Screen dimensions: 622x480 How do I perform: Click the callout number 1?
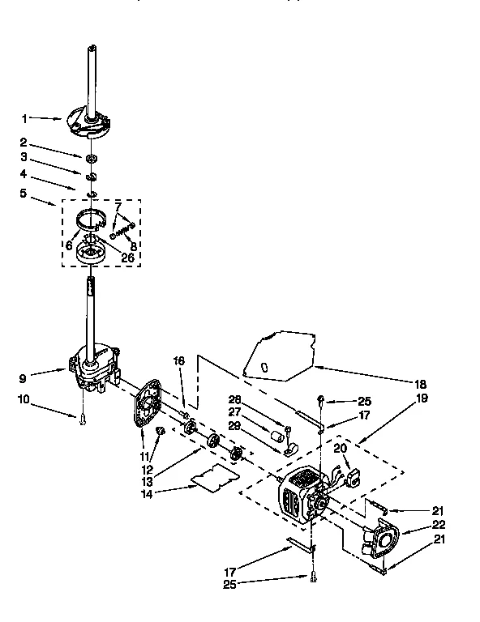pos(24,119)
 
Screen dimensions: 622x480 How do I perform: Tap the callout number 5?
pos(24,193)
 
